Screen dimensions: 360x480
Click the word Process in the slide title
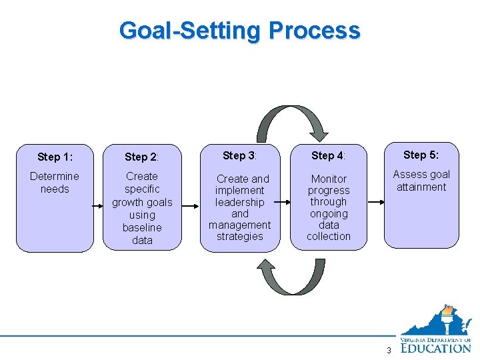314,31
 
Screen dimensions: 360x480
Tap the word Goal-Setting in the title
191,31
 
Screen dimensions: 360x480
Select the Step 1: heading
55,157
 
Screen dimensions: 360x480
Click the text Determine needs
55,183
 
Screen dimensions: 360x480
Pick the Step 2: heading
142,157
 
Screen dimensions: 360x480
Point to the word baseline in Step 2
142,227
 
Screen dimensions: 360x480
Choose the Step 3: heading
240,155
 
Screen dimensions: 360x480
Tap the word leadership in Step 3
240,202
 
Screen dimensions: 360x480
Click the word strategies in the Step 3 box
240,237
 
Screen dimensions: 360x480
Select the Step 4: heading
328,155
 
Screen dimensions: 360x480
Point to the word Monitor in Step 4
329,179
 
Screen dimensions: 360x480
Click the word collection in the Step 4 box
329,237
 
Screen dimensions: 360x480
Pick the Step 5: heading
421,155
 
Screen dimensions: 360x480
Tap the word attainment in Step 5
421,187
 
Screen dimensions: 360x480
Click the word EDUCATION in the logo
435,347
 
